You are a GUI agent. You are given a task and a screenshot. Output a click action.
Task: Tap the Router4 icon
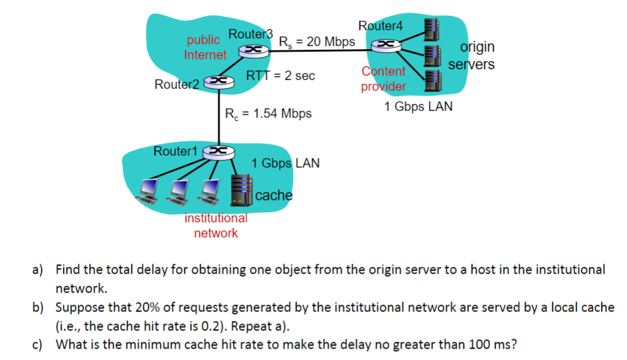click(x=387, y=45)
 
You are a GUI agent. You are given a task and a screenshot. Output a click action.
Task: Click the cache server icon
click(x=242, y=191)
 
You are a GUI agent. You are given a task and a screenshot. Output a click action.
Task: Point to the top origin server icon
click(x=432, y=30)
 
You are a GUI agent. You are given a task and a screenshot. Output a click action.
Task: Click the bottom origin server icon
click(x=434, y=81)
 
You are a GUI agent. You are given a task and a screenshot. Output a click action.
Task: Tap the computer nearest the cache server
click(x=209, y=192)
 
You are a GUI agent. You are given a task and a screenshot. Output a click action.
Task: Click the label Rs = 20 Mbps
click(x=317, y=42)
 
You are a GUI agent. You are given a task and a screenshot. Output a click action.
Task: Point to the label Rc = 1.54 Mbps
click(x=268, y=113)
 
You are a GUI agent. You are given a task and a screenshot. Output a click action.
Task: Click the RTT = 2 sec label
click(x=280, y=75)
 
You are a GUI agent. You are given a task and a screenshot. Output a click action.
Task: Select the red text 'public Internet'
click(x=205, y=47)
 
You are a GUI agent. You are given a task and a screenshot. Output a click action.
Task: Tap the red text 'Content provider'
click(x=383, y=79)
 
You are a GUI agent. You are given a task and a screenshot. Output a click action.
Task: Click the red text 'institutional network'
click(x=216, y=225)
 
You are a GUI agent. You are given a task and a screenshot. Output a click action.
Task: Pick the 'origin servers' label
click(x=472, y=55)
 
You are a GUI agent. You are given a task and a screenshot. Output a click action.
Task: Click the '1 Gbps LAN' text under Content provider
click(x=418, y=106)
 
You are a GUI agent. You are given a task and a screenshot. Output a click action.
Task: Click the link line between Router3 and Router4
click(x=320, y=50)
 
